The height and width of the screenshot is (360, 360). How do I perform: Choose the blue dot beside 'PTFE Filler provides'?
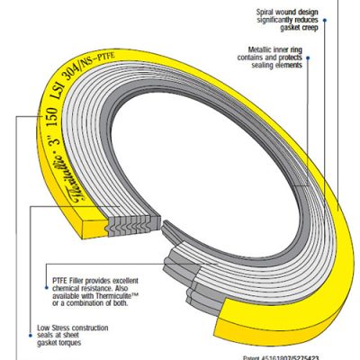pos(44,270)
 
